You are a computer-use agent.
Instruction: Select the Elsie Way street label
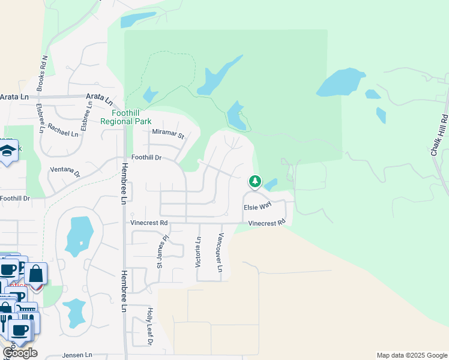257,206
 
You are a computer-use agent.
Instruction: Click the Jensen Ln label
62,355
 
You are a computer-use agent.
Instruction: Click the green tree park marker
255,181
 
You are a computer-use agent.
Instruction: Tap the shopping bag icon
36,273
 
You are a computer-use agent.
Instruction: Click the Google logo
20,353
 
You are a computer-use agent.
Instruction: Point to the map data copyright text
412,355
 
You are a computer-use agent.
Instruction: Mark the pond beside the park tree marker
271,184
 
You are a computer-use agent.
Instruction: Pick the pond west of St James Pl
79,235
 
